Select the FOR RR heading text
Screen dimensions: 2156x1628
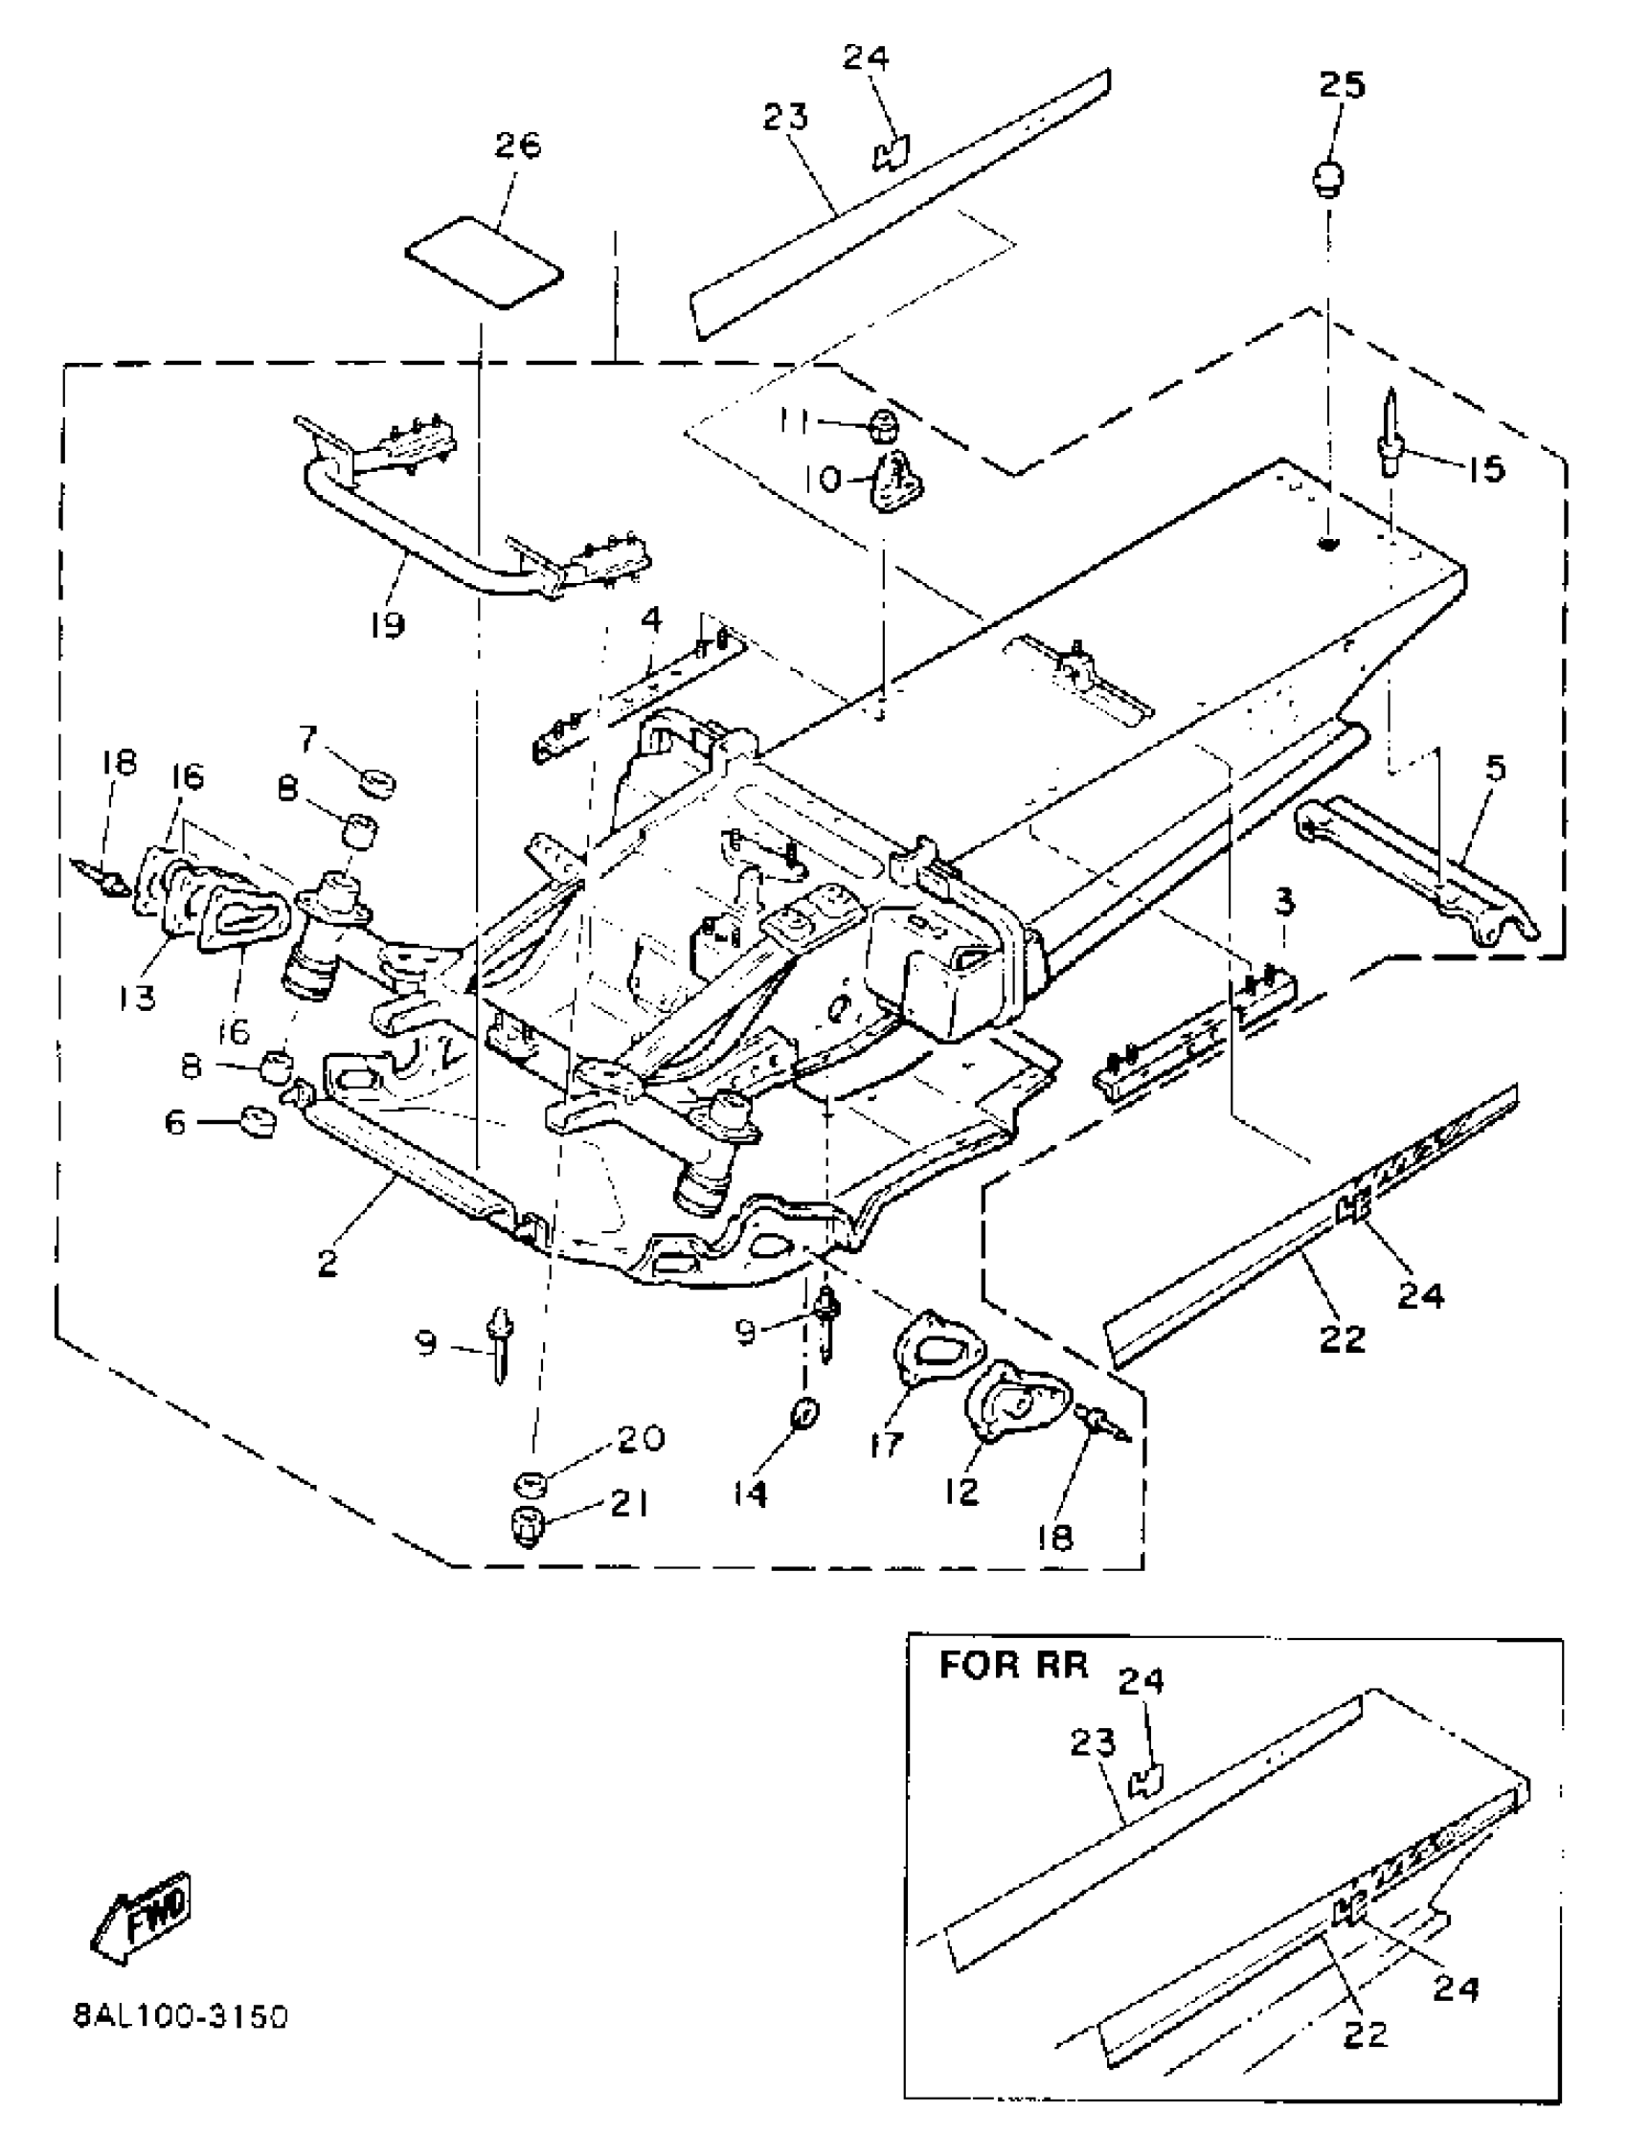1013,1666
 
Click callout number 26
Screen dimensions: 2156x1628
517,146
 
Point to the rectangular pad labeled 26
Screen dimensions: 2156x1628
485,263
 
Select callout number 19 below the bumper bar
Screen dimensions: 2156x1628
387,624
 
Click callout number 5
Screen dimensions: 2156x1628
1496,768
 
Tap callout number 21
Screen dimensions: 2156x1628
630,1505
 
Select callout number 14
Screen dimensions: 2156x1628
751,1494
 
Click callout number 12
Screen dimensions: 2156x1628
961,1492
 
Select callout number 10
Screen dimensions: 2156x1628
825,479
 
